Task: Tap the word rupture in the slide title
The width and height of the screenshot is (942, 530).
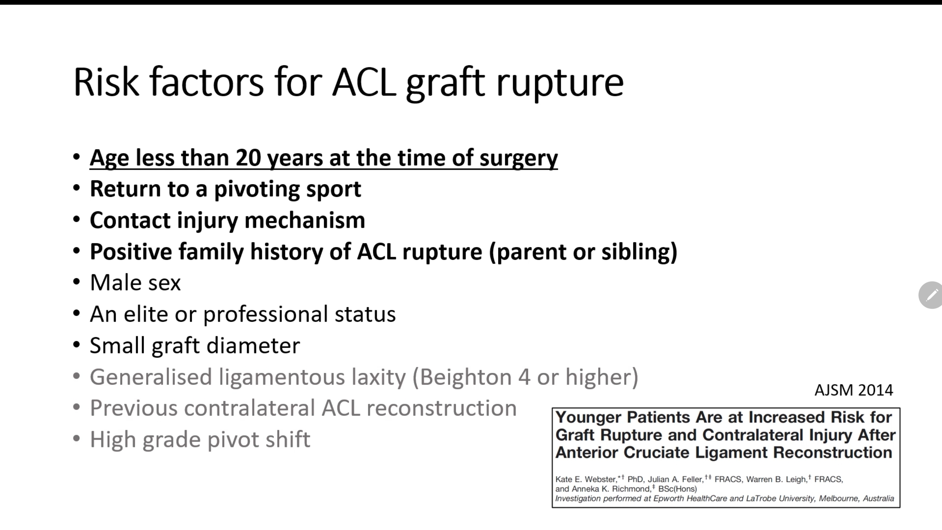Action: pos(560,85)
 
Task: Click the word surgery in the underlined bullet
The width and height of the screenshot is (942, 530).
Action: pos(519,159)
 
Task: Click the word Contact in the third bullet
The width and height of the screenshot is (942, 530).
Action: pos(130,220)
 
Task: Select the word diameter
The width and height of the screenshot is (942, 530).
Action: pos(253,346)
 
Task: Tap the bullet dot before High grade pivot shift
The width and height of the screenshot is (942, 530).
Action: pos(76,438)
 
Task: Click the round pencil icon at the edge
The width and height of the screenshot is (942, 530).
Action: pos(931,295)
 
